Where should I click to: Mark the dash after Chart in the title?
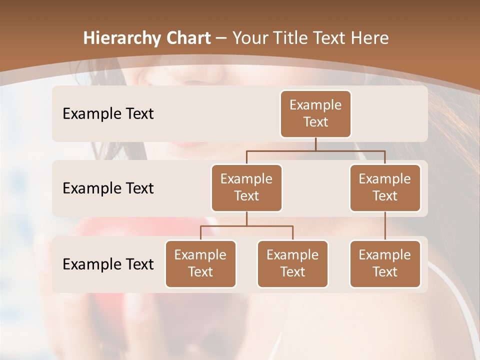[221, 39]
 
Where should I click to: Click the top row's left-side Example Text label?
[108, 113]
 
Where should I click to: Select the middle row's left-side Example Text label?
[108, 188]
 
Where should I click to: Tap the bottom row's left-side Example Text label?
[108, 264]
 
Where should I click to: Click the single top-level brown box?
[315, 113]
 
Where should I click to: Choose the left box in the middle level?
[246, 188]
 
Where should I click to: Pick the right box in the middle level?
[385, 188]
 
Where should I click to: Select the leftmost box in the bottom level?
[200, 263]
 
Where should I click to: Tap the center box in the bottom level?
[292, 263]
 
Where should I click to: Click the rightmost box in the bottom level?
[385, 263]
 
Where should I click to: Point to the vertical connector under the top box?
[315, 144]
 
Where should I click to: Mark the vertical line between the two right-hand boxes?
[385, 226]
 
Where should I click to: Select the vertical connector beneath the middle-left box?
[246, 218]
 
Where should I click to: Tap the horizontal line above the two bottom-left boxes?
[246, 226]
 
